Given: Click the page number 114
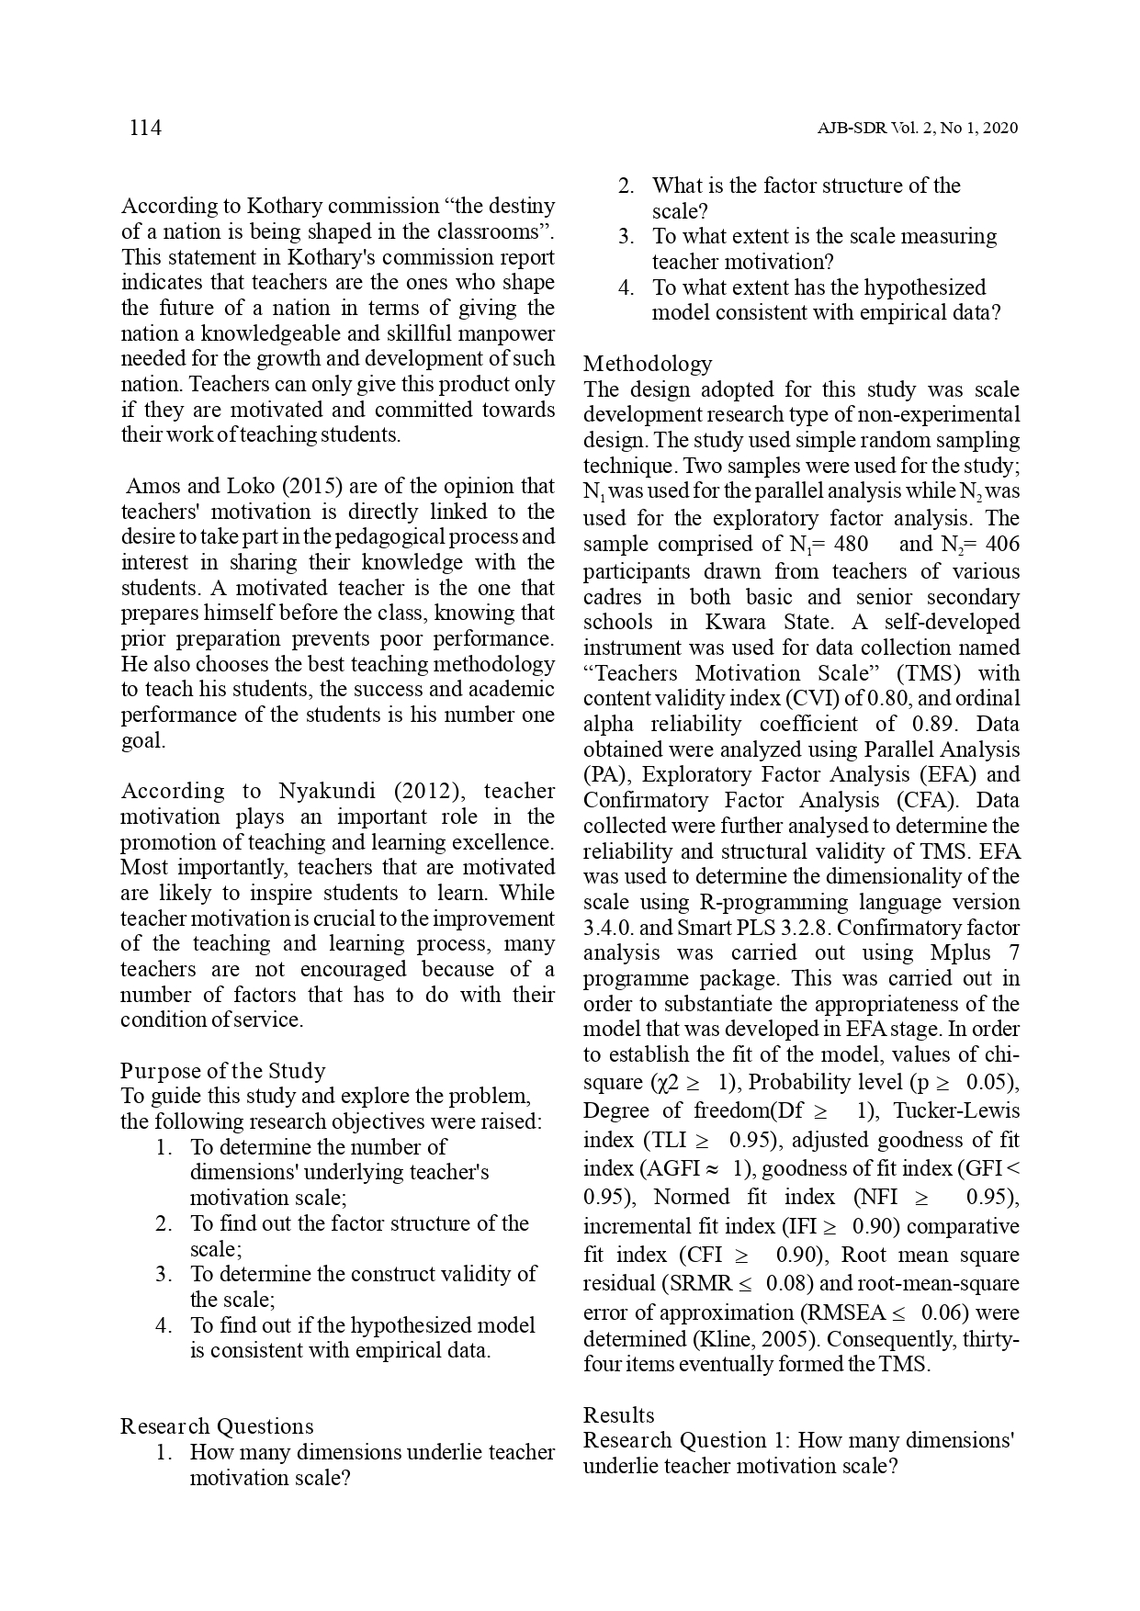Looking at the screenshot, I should (145, 128).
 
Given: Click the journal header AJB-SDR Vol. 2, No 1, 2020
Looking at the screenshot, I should (917, 129).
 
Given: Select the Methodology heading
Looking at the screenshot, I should (648, 364).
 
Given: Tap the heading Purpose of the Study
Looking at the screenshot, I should (223, 1071).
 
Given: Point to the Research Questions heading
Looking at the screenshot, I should (217, 1426).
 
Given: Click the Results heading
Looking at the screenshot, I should (619, 1415).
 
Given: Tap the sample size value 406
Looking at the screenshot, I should (1001, 545).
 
